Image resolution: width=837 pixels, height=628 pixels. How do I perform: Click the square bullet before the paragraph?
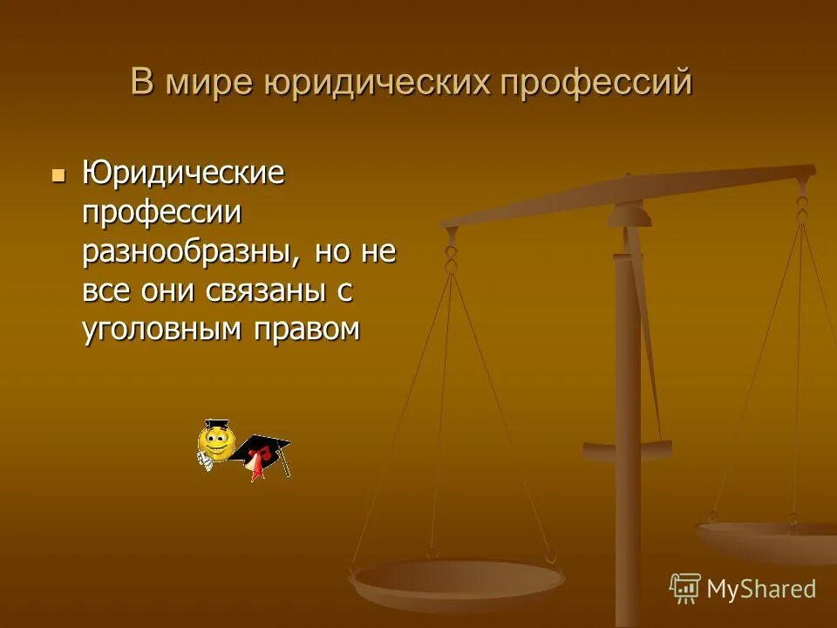58,174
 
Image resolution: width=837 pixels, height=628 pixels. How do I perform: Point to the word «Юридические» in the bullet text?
183,173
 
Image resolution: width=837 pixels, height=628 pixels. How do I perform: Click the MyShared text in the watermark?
761,589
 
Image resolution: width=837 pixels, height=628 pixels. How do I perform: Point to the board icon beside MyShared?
685,588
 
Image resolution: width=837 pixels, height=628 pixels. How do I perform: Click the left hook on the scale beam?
451,257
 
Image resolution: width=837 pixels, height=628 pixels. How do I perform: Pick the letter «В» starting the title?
140,83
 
